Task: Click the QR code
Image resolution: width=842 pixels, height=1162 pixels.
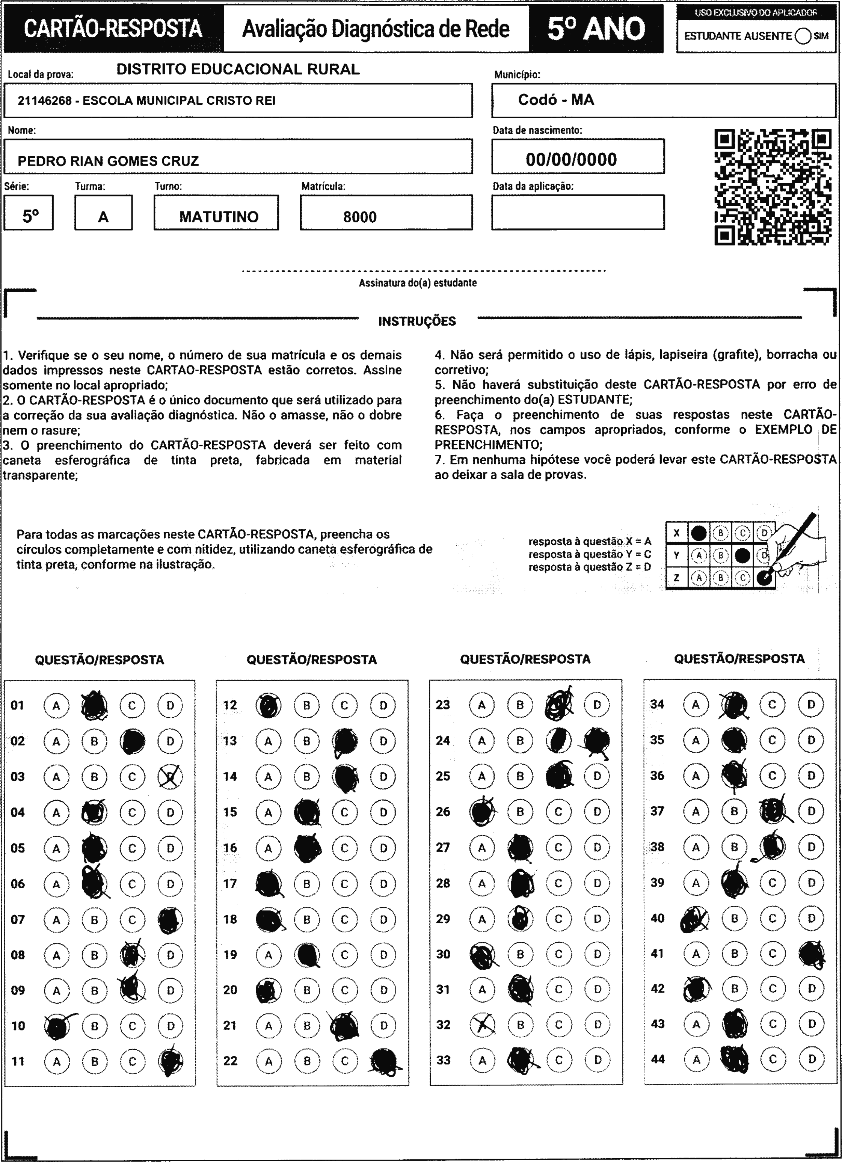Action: [x=773, y=187]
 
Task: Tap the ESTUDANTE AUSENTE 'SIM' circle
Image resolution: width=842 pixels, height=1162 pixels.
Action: [x=803, y=36]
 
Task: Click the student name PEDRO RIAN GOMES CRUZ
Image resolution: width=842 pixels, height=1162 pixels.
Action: [x=108, y=161]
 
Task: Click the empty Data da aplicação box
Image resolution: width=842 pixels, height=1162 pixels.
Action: [x=578, y=212]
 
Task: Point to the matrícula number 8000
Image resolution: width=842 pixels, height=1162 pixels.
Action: [x=360, y=217]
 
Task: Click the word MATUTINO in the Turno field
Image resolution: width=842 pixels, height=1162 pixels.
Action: [x=219, y=217]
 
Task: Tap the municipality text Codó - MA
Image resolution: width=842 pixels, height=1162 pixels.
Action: [x=556, y=100]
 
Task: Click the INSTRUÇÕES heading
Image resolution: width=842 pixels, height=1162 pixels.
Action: [x=416, y=321]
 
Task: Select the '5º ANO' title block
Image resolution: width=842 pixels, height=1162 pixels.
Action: [x=596, y=29]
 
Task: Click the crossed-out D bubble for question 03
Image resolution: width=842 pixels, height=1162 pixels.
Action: [x=170, y=777]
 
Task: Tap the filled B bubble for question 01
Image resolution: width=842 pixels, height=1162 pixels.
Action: [x=95, y=705]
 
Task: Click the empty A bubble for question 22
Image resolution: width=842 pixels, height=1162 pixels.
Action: [x=269, y=1061]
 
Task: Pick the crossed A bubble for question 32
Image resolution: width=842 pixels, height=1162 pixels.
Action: [x=482, y=1024]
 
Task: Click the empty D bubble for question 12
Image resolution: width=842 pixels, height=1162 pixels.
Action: [x=383, y=705]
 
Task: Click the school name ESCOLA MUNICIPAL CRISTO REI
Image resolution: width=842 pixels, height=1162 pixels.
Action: [x=179, y=100]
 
